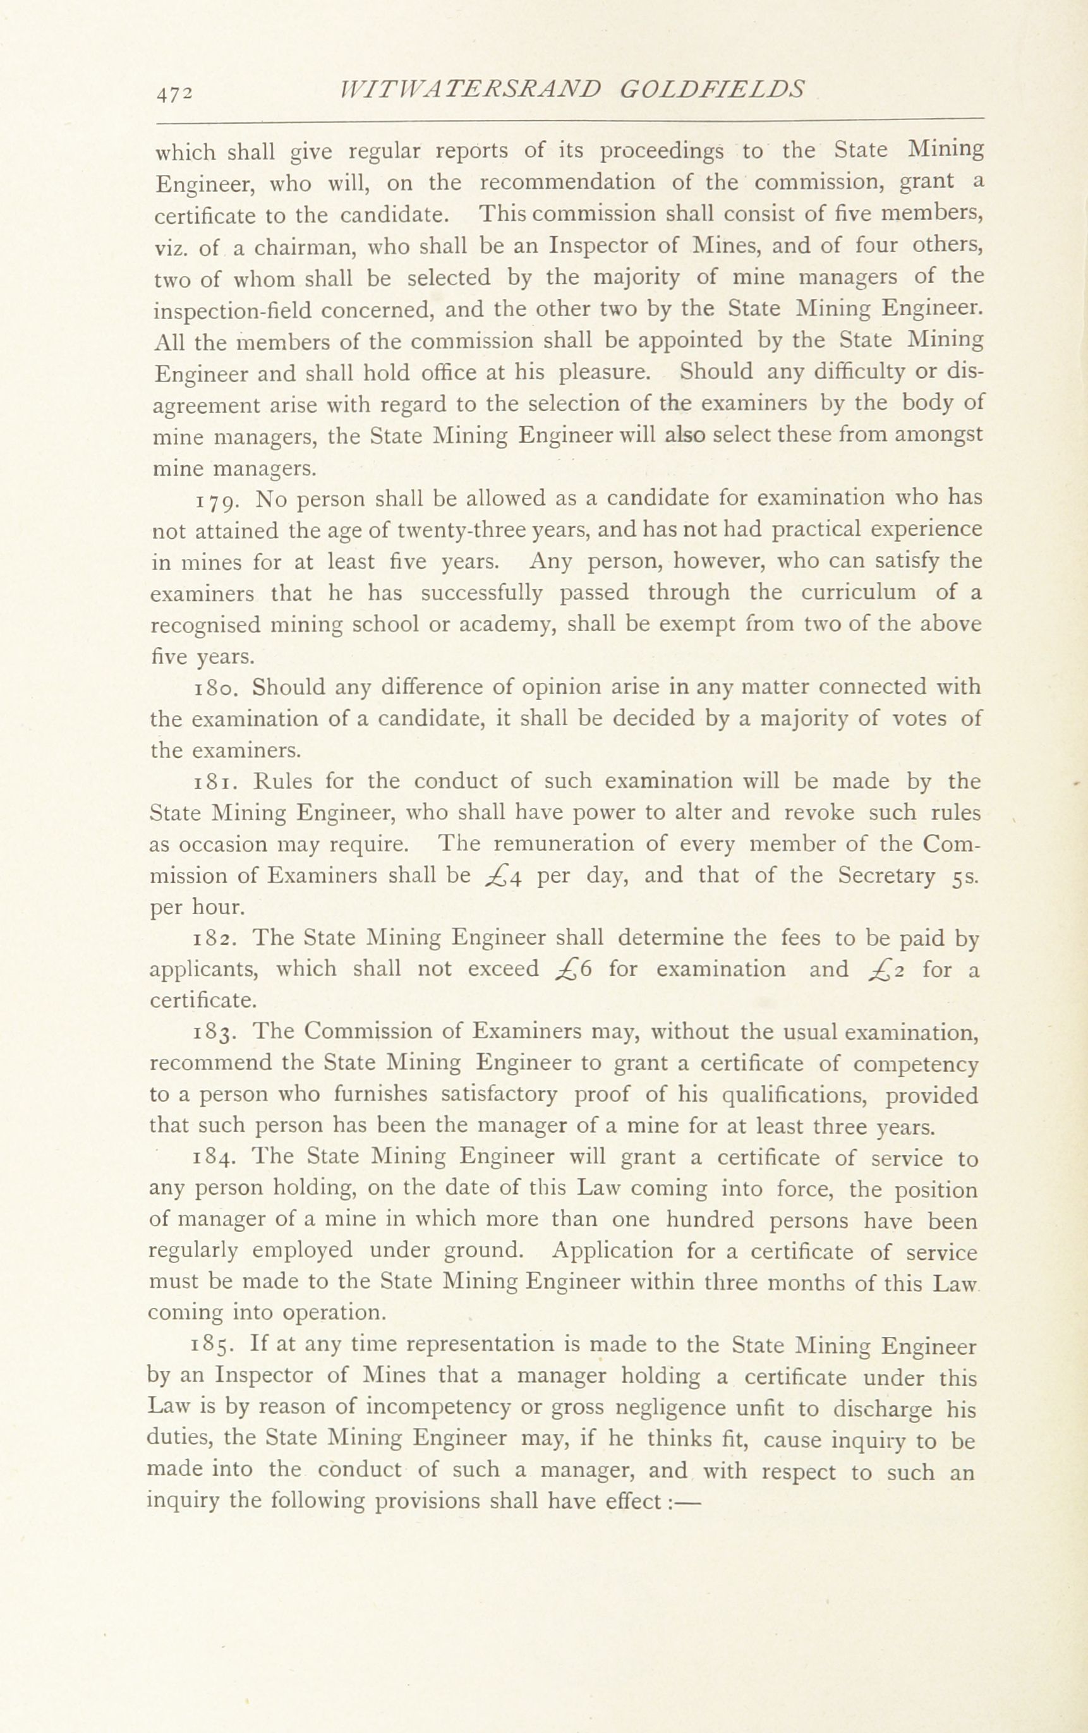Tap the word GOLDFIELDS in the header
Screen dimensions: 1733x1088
(711, 88)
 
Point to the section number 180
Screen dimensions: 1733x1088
(213, 689)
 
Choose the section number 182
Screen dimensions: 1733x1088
(213, 939)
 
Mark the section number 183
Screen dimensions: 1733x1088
(213, 1033)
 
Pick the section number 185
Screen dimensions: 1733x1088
(212, 1347)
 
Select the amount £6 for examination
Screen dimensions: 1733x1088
(574, 970)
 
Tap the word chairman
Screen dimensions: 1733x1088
(300, 248)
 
